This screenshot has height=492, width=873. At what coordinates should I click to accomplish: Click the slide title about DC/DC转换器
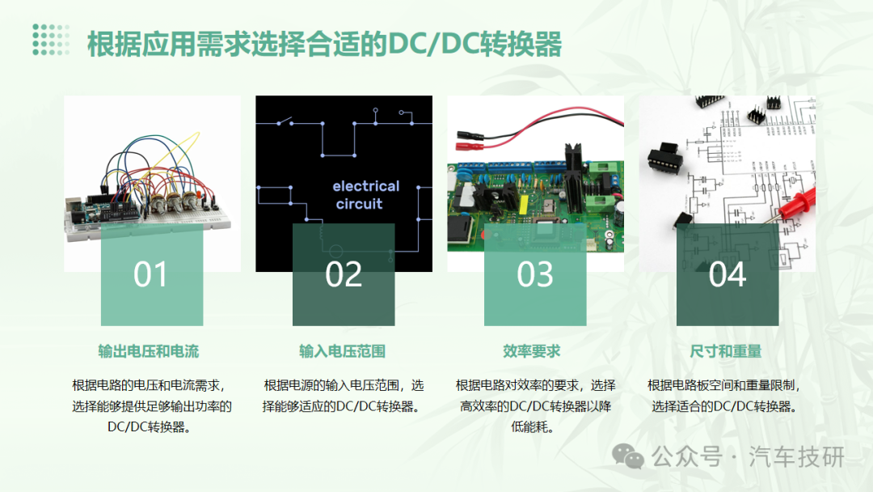325,44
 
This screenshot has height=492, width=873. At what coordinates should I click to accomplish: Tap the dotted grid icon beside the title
51,40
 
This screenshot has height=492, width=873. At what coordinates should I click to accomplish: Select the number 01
150,274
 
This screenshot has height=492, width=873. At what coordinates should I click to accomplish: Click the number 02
344,274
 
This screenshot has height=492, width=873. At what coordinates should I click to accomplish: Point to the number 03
535,274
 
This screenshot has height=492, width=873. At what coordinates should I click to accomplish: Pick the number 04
727,274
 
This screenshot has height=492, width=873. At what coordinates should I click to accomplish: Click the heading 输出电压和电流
149,351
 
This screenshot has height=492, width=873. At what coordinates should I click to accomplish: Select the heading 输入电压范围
343,351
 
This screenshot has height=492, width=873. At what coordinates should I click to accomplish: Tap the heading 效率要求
532,351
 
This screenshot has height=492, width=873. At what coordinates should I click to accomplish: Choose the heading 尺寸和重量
725,351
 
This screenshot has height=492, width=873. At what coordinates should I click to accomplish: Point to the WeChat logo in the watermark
627,456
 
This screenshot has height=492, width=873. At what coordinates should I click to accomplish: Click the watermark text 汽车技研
797,457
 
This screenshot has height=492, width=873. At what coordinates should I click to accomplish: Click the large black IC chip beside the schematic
664,159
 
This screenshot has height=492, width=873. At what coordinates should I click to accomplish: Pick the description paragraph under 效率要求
535,406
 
